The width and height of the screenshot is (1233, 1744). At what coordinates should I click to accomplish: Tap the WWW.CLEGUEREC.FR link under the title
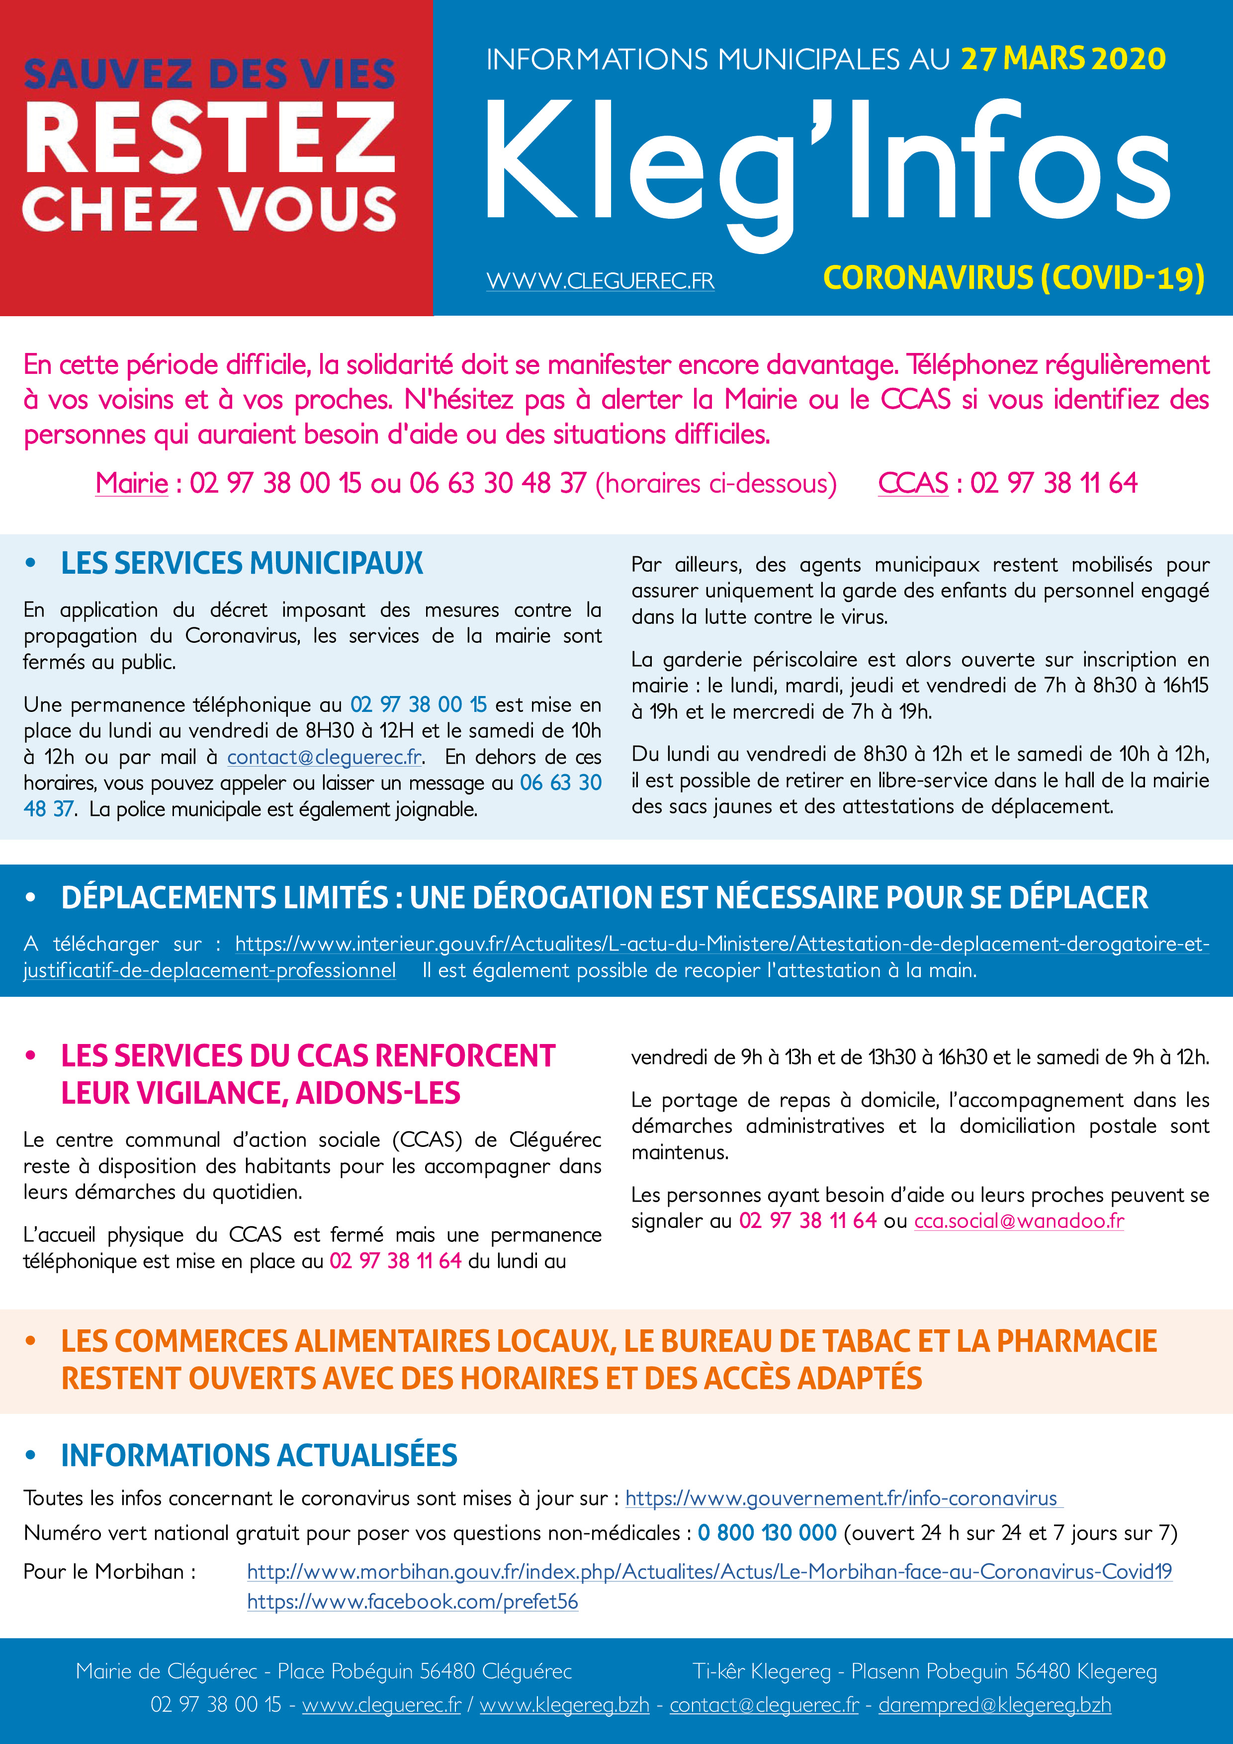600,280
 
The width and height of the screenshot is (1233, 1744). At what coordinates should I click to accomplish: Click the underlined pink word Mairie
131,483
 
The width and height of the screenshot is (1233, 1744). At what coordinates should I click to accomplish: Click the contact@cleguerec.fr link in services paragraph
324,757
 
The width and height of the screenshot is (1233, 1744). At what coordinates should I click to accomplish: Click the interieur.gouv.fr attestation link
722,944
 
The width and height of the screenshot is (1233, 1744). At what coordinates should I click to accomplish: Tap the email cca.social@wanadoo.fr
1019,1221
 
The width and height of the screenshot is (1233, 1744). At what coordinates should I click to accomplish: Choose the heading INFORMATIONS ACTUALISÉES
259,1455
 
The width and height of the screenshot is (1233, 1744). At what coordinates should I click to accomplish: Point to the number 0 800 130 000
767,1533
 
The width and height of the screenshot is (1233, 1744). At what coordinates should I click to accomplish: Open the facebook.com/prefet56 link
413,1602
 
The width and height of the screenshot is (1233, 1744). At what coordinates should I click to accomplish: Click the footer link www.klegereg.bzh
564,1705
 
